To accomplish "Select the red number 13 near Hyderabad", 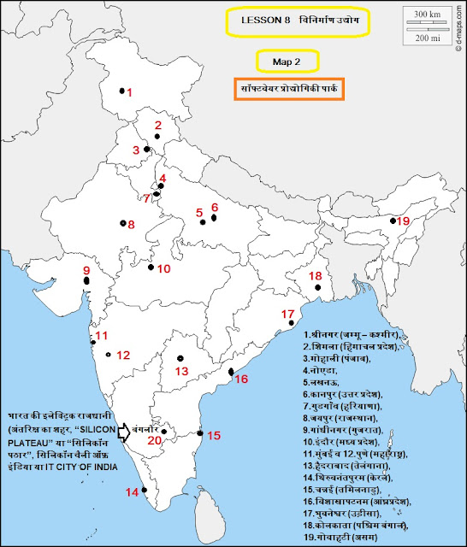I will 180,371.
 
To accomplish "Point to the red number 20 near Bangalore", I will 154,440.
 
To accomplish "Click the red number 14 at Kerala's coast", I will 132,492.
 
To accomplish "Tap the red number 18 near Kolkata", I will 316,275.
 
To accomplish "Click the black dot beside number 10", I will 151,268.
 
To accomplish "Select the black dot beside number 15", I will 200,433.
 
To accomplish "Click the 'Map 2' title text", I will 288,61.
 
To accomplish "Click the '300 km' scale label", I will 422,15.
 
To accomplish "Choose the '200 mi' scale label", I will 422,39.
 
